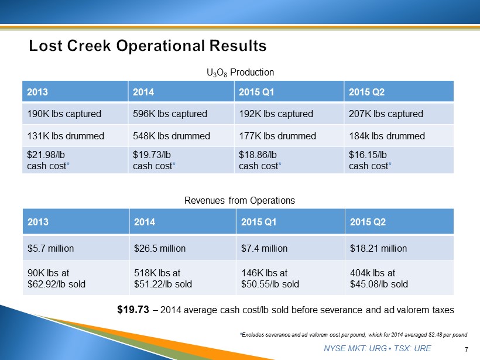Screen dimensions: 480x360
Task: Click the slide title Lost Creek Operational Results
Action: point(148,46)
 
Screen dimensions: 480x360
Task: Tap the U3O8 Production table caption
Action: point(241,73)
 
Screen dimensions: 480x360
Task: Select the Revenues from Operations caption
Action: point(239,201)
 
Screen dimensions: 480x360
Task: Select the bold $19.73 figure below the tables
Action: point(133,310)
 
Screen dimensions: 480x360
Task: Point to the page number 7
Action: point(467,349)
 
